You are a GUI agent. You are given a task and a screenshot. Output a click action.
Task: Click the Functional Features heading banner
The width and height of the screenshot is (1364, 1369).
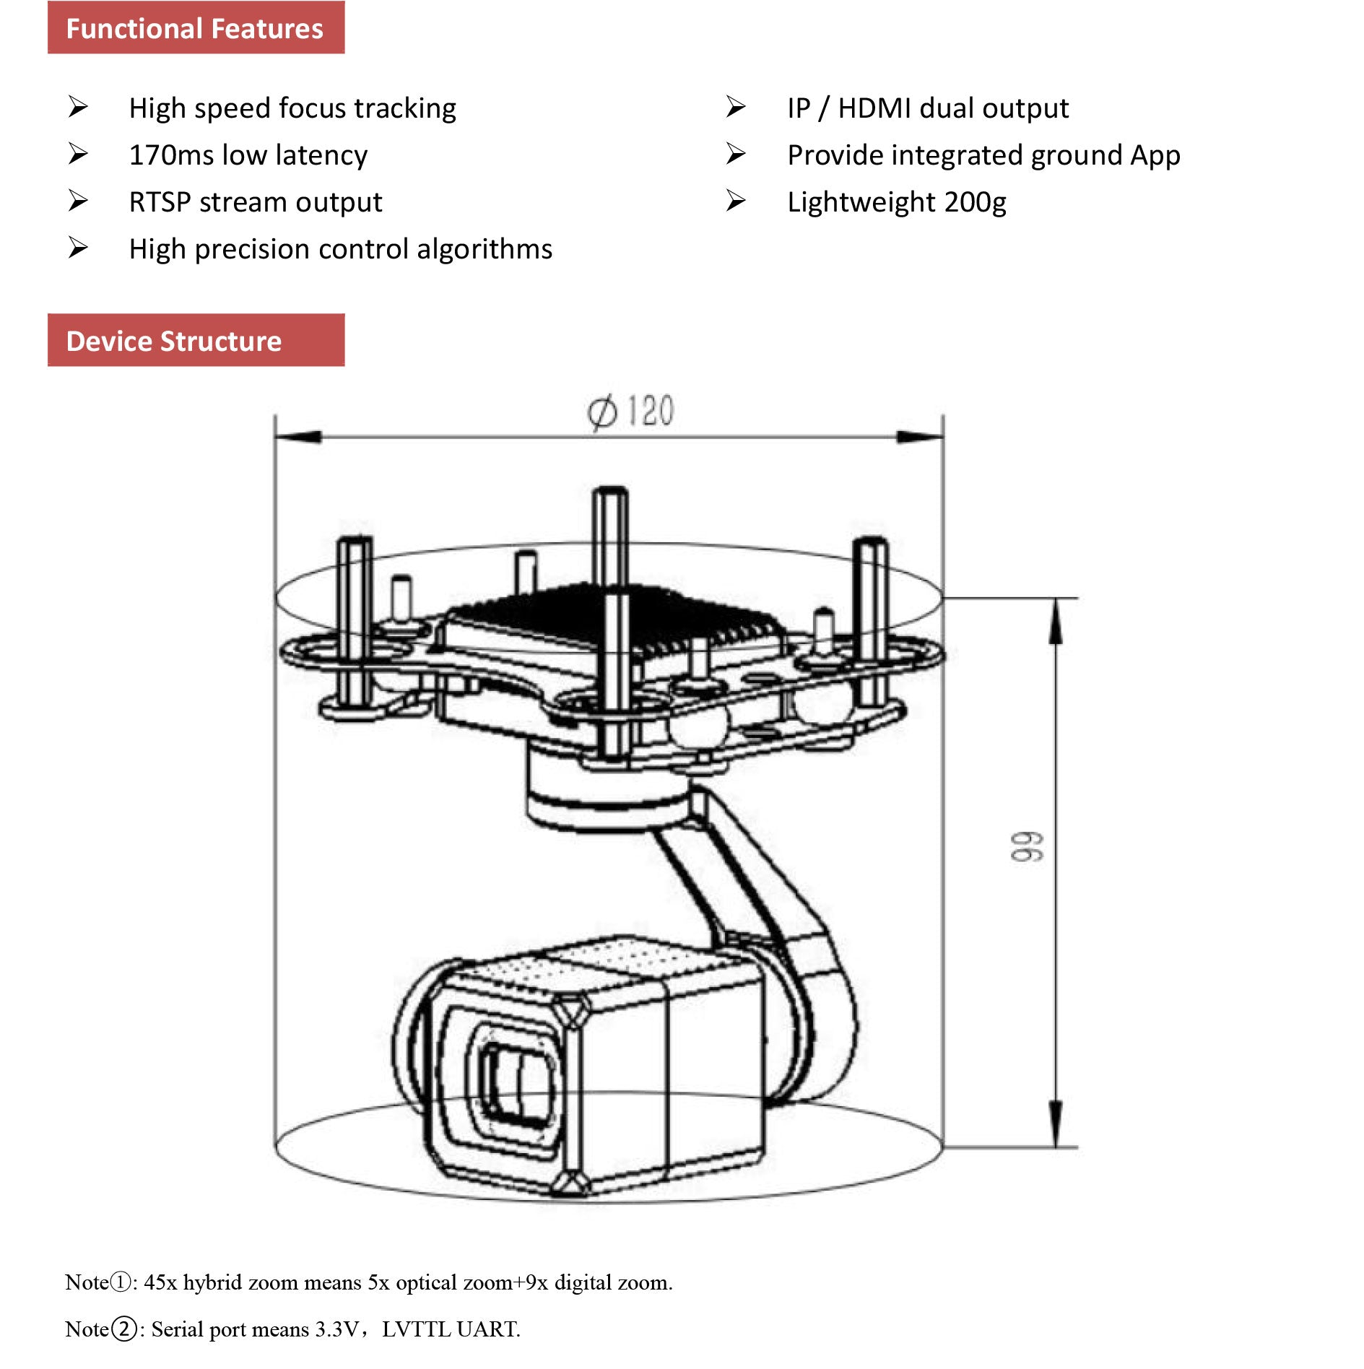click(196, 28)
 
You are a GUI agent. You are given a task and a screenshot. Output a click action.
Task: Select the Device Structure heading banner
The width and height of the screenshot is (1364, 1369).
click(196, 341)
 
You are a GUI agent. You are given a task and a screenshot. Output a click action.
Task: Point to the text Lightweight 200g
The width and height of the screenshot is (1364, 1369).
click(896, 202)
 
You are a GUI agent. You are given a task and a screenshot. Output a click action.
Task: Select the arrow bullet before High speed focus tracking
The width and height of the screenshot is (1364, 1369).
click(78, 108)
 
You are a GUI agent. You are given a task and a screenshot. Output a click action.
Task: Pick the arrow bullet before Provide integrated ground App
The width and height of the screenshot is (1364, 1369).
click(736, 155)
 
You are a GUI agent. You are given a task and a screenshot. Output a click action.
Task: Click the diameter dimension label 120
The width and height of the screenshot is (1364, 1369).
click(649, 412)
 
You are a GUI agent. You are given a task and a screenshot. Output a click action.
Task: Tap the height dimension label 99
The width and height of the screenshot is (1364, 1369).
click(1026, 846)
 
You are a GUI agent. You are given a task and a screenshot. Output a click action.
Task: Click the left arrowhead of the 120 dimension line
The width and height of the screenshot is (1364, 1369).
click(297, 437)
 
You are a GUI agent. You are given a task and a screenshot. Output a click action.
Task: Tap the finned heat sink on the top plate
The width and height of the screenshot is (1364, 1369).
click(614, 614)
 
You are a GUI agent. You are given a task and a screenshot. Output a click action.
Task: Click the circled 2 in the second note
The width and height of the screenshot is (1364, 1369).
click(125, 1329)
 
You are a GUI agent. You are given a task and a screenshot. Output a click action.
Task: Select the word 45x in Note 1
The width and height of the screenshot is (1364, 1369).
click(160, 1282)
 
